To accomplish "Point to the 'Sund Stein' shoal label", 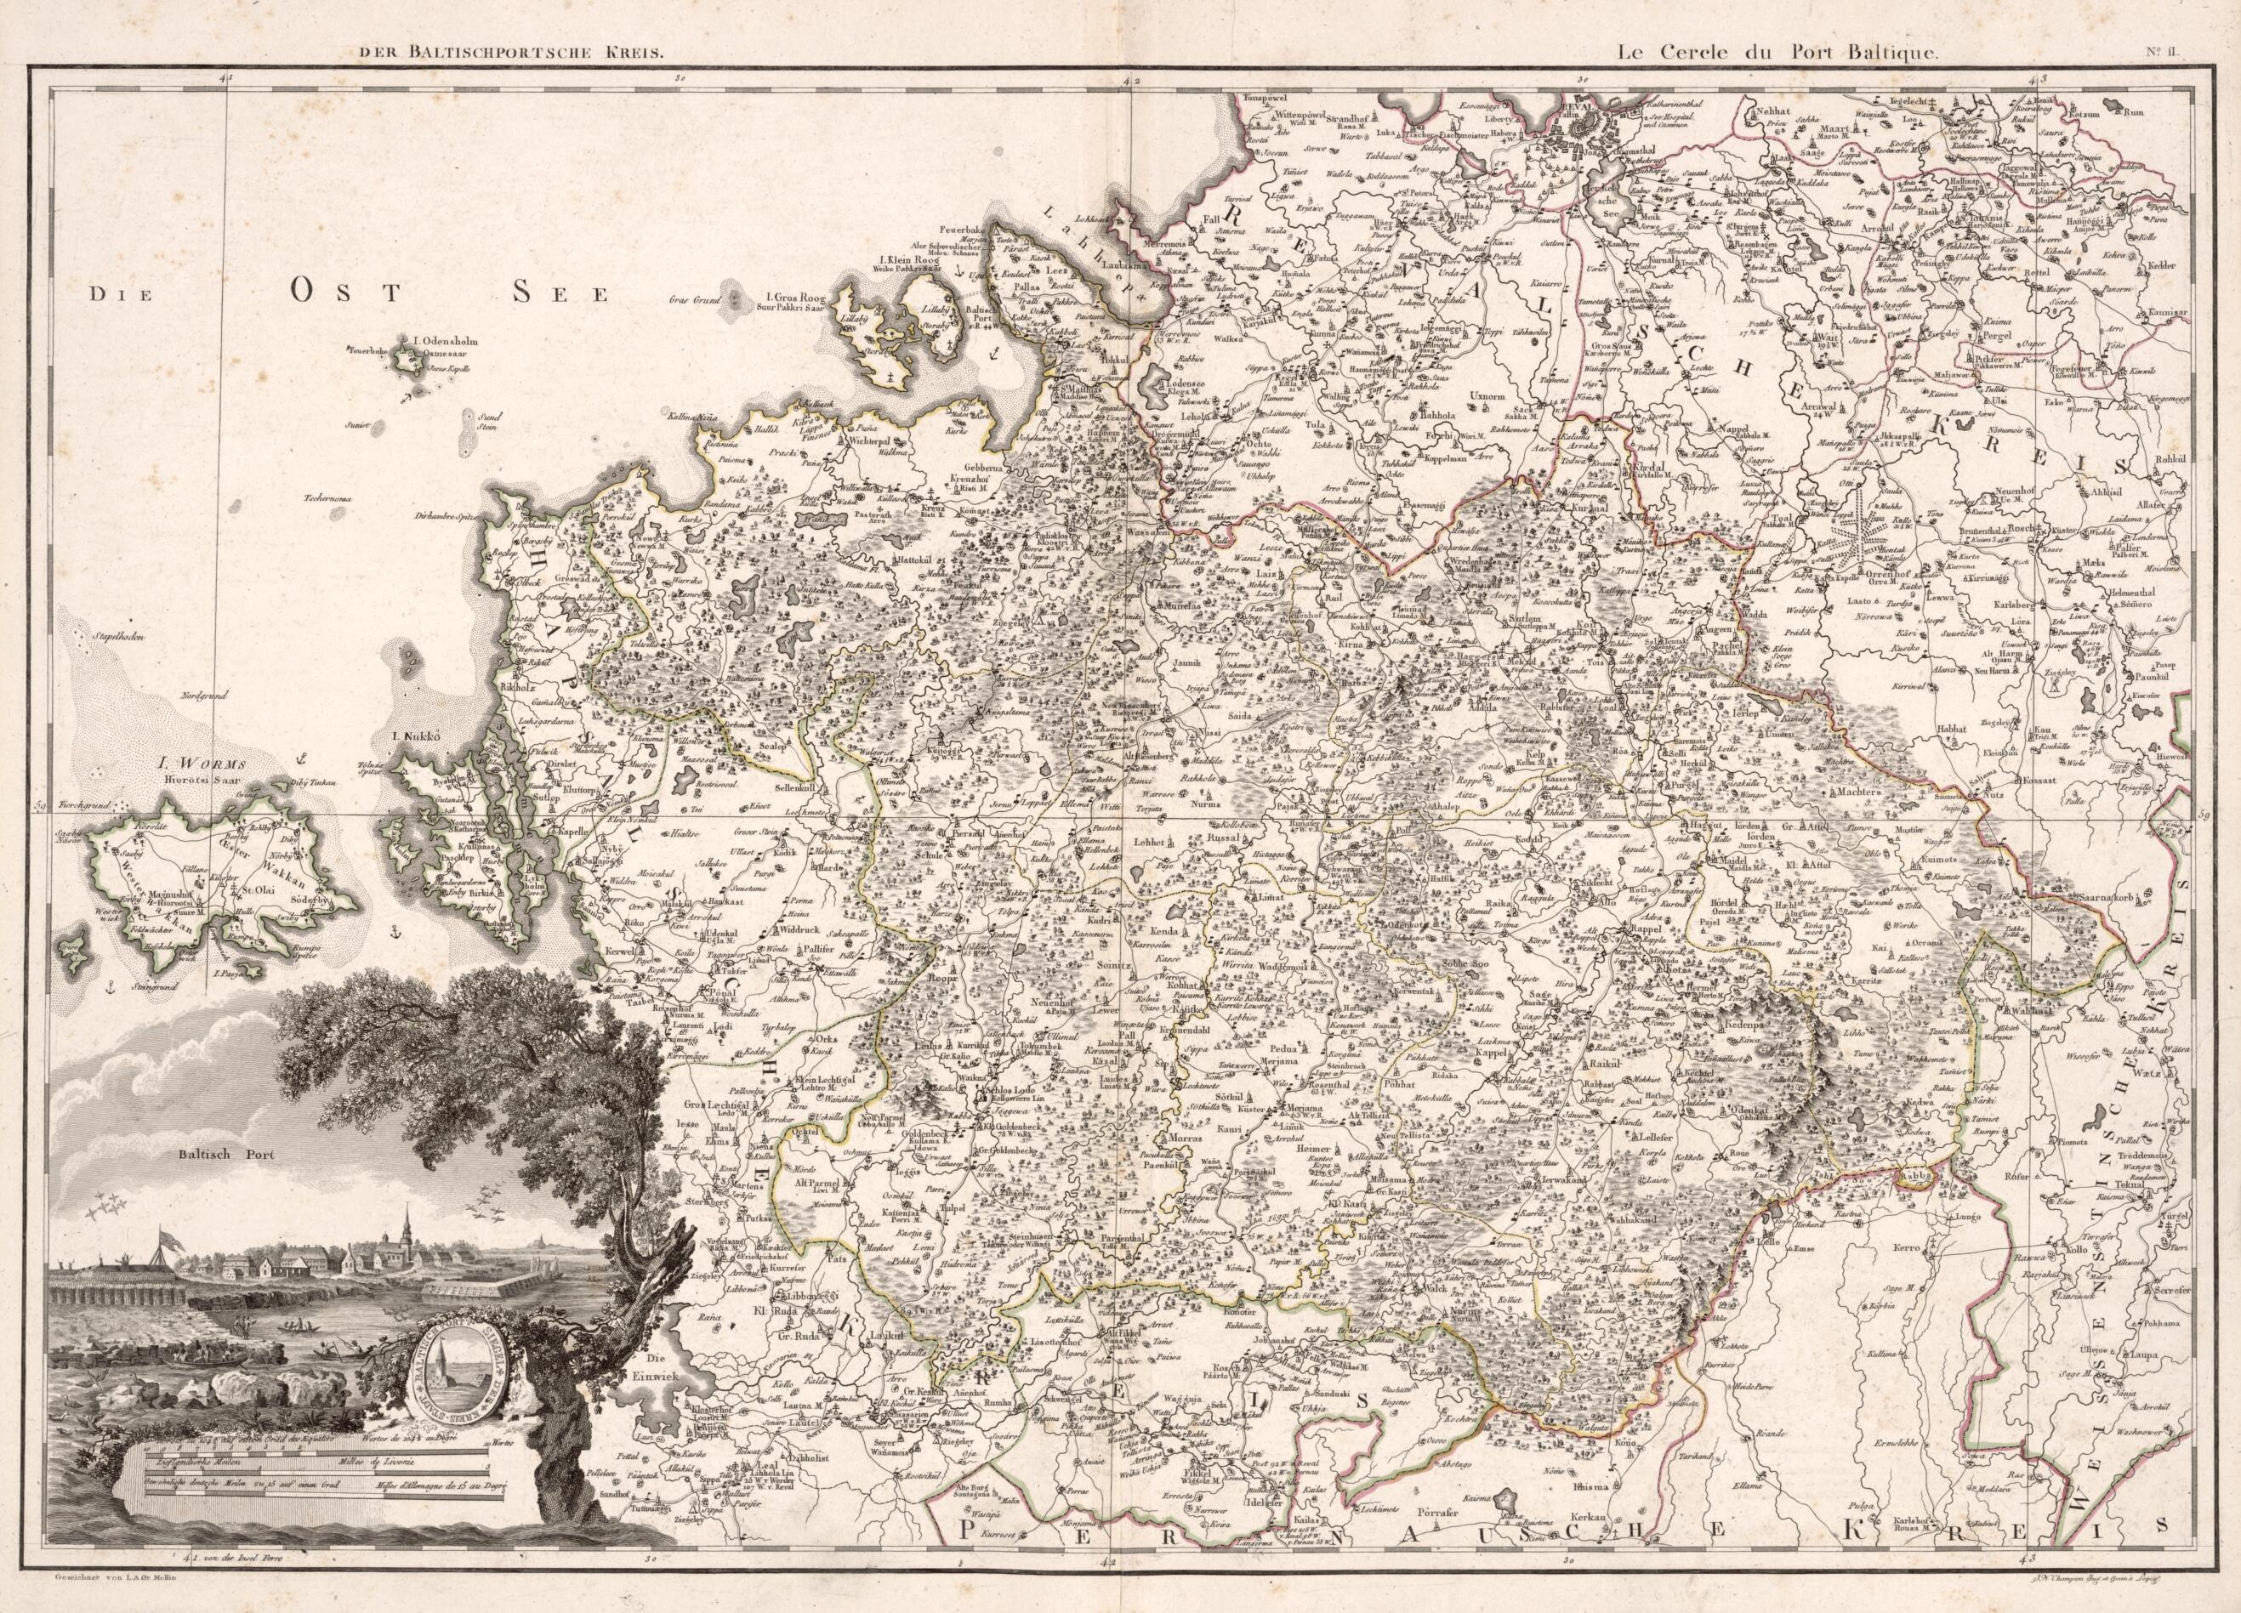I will [482, 423].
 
